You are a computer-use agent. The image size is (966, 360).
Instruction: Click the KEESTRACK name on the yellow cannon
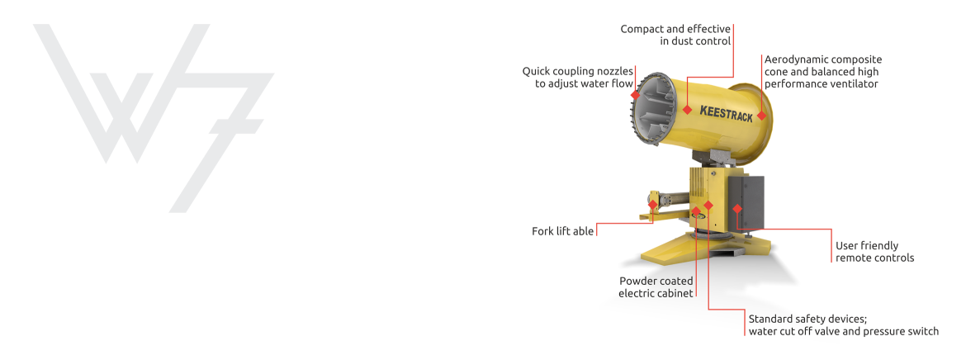[725, 113]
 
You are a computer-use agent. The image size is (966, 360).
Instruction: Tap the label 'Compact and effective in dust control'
[675, 35]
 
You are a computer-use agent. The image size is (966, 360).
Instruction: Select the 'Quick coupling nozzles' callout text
[577, 78]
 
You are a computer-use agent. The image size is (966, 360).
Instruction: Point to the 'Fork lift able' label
[562, 231]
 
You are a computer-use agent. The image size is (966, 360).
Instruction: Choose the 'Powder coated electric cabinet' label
[656, 287]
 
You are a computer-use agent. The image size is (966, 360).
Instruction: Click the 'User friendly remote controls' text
[874, 252]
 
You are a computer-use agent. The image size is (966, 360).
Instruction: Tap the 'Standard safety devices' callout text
[842, 324]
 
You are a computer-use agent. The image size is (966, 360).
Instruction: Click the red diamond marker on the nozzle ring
[635, 95]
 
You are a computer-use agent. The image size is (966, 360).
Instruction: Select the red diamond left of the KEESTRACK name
[687, 109]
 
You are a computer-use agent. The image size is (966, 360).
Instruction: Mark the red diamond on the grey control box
[737, 208]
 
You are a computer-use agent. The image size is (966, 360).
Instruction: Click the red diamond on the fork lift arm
[653, 204]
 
